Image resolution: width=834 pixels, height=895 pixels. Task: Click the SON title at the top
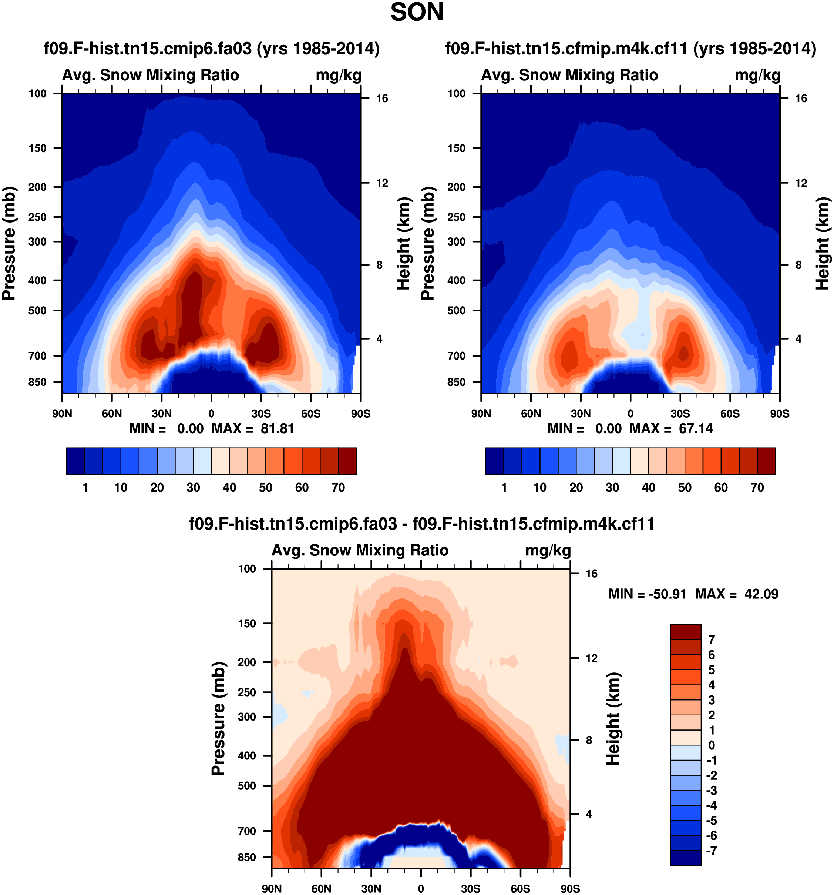click(417, 12)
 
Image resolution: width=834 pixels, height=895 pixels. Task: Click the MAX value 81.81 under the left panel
click(277, 428)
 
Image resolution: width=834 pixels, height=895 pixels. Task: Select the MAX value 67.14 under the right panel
click(696, 428)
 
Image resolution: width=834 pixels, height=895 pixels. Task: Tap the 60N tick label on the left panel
click(112, 414)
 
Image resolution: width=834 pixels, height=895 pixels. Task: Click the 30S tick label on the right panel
click(680, 414)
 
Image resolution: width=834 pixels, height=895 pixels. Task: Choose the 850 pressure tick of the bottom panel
click(247, 857)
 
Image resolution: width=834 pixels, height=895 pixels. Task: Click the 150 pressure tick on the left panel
click(37, 148)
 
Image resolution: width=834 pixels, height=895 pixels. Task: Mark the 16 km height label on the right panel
click(801, 98)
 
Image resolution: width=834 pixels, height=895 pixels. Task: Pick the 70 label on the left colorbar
click(338, 488)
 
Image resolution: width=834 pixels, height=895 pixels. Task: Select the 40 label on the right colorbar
click(648, 488)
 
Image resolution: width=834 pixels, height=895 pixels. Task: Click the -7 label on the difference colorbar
click(711, 851)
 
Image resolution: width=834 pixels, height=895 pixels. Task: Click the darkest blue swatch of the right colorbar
click(494, 461)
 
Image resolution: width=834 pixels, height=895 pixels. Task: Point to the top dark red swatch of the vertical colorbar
click(686, 632)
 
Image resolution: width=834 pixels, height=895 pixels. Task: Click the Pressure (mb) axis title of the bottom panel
click(218, 718)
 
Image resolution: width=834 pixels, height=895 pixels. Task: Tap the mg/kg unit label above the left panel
click(338, 75)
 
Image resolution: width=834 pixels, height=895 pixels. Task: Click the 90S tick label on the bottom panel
click(570, 889)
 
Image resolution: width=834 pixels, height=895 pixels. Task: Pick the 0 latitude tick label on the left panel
click(211, 414)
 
